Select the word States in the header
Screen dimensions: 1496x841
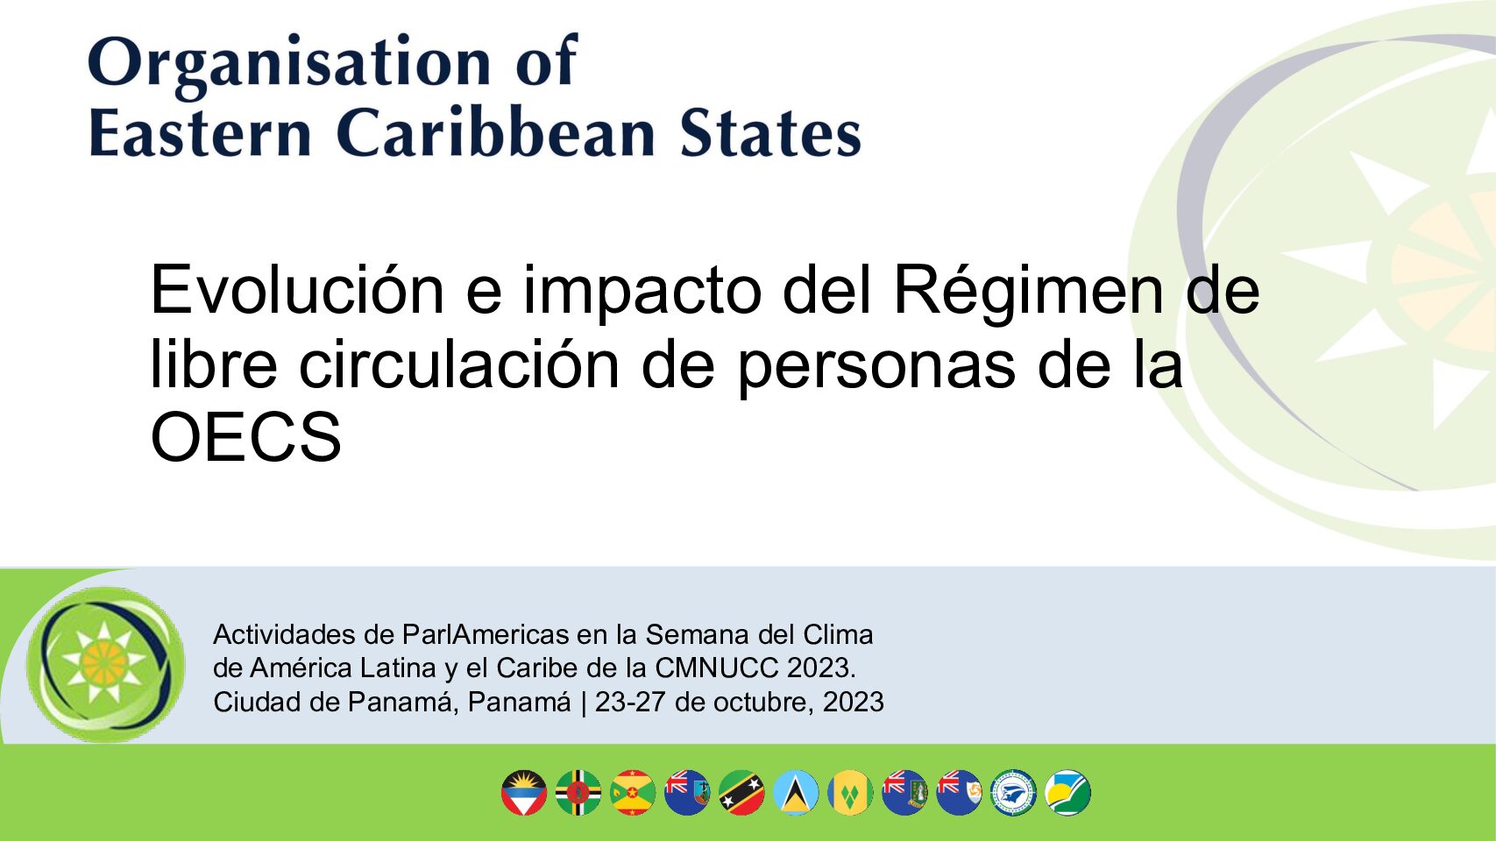[770, 133]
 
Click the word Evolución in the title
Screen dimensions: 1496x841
[297, 289]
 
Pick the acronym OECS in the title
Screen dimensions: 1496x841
[245, 437]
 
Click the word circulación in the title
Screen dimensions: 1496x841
[459, 363]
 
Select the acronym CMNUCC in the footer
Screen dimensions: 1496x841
[717, 668]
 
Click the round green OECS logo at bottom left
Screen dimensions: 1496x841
[105, 665]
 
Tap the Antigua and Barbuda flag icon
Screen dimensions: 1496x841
[524, 793]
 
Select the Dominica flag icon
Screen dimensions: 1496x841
[578, 793]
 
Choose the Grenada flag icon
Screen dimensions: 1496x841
[633, 793]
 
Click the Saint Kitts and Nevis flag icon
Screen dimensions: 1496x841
[741, 793]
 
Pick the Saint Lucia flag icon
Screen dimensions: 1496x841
[796, 793]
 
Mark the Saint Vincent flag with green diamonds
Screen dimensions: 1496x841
[850, 793]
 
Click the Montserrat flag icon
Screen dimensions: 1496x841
[687, 793]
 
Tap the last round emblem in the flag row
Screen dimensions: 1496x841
[1067, 793]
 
